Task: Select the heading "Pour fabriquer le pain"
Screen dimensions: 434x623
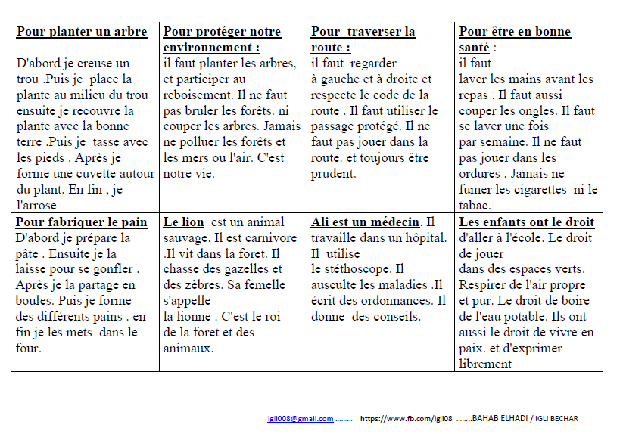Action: tap(82, 222)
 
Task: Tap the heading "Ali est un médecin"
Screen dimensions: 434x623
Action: tap(365, 222)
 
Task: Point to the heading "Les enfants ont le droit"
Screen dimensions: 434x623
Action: tap(527, 222)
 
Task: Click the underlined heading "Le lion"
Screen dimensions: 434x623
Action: tap(184, 222)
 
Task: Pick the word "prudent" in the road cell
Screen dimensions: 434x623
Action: tap(334, 174)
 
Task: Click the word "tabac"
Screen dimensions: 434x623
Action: tap(475, 206)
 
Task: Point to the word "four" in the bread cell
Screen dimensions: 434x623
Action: tap(28, 349)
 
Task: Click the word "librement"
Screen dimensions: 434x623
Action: tap(485, 364)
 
